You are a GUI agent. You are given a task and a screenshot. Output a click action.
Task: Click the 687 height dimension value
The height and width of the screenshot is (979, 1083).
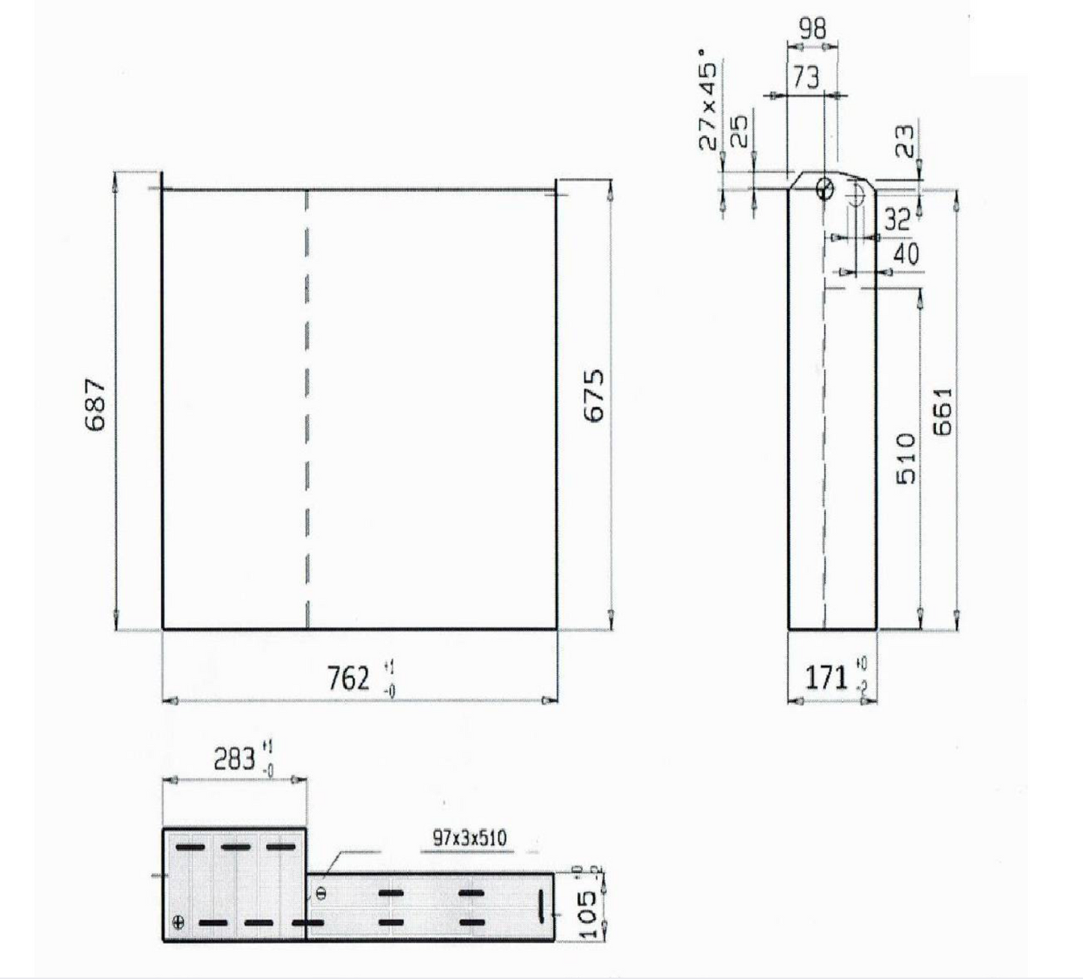(95, 404)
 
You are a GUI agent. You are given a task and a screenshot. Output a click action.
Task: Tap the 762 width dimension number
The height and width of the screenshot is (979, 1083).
(349, 679)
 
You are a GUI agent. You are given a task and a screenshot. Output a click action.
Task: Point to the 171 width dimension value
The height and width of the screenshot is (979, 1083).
(825, 677)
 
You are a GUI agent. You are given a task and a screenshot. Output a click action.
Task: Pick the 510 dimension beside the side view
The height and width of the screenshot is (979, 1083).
(907, 458)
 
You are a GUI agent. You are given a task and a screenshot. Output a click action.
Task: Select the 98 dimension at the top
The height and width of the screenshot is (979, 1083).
(812, 28)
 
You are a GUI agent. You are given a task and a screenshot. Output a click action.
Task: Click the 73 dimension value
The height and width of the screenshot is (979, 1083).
(806, 77)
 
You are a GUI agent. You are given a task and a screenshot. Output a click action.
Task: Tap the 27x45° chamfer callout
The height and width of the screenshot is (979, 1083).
(707, 100)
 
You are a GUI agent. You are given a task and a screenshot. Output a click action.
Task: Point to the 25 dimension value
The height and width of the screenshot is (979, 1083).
(739, 131)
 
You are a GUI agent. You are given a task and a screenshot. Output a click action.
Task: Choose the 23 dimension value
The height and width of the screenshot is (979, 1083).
(905, 140)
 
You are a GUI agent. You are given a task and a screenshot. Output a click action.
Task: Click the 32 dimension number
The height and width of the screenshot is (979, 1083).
(896, 219)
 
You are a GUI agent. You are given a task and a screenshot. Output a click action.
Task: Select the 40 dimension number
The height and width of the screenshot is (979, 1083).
(905, 254)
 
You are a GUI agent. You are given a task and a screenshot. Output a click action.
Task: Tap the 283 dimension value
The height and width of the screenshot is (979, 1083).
(235, 759)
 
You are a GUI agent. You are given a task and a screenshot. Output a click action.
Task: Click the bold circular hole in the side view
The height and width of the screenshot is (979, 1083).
(824, 189)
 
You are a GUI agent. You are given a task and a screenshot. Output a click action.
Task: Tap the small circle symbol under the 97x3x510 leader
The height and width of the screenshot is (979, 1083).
(322, 893)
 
